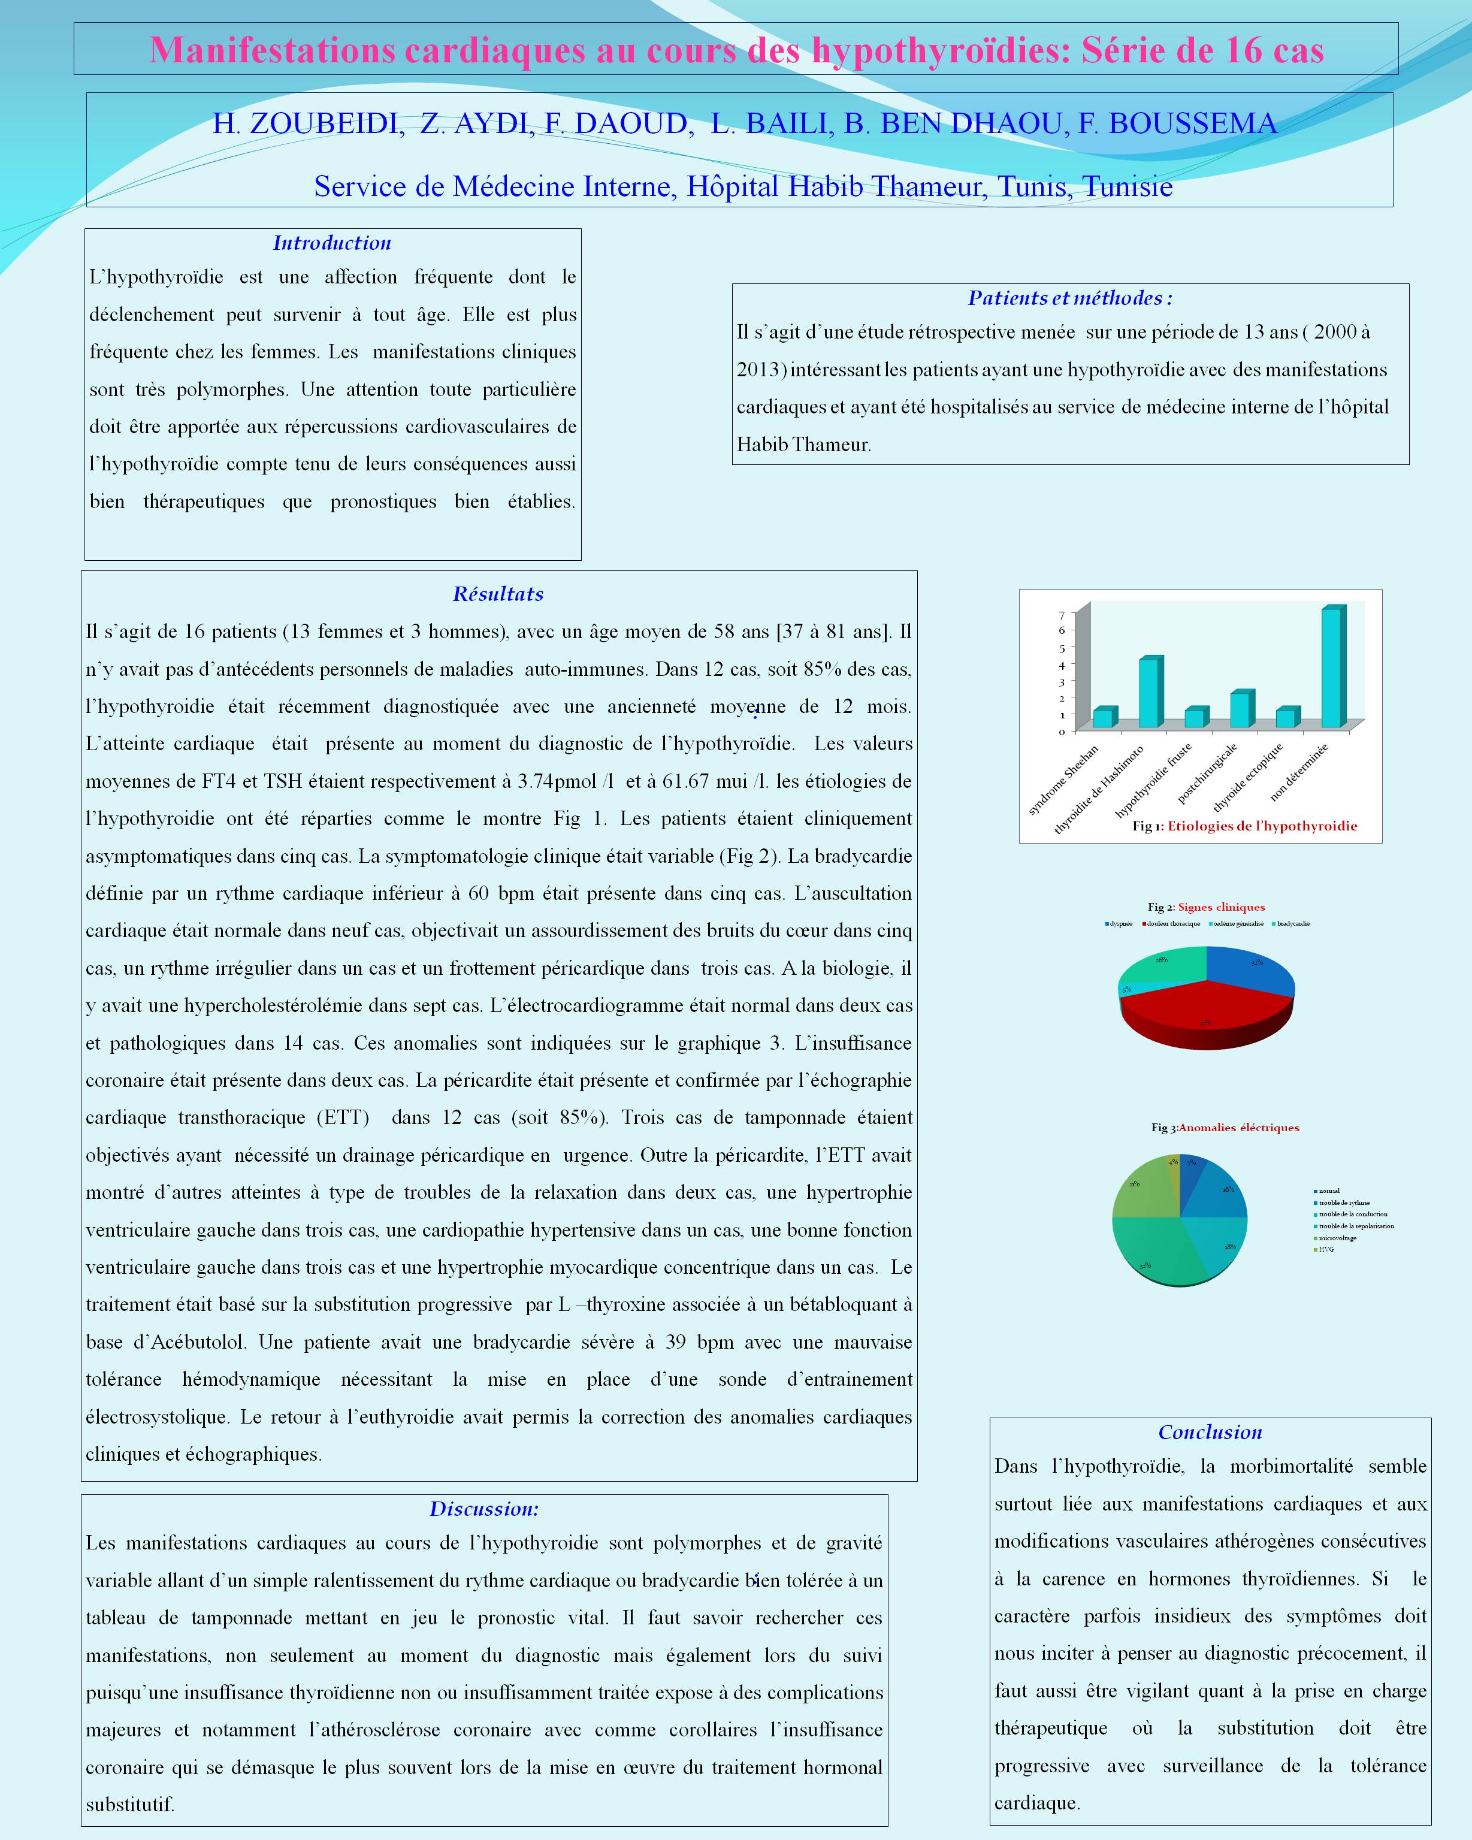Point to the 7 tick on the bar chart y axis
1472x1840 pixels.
1062,615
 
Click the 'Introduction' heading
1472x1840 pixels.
332,243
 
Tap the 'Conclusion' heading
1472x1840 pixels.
1210,1432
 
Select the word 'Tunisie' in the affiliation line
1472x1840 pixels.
1128,186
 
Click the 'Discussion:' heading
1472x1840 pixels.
484,1509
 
